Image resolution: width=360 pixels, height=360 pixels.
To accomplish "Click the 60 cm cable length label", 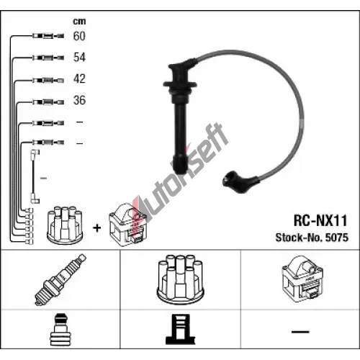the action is pos(79,36).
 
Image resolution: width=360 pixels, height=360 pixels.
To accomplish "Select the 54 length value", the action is pos(79,58).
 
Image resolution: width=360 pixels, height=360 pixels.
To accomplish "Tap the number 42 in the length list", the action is pos(79,78).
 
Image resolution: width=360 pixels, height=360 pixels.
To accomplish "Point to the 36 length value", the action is pos(79,100).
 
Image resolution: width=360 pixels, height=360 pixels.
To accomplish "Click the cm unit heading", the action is pos(79,22).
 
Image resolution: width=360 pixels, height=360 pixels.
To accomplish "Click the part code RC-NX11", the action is pos(320,220).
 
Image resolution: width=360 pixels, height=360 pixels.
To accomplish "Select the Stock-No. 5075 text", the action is pos(312,238).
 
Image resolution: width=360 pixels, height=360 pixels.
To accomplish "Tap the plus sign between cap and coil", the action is pos(96,228).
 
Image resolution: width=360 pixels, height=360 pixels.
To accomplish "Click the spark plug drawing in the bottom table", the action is pos(60,280).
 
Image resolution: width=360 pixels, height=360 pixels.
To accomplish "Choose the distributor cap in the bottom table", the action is pos(180,279).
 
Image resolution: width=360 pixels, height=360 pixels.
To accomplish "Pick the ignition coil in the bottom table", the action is pos(302,279).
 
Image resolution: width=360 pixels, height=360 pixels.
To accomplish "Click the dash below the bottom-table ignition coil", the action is pos(300,332).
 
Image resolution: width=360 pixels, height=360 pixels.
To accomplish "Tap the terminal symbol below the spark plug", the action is pos(60,329).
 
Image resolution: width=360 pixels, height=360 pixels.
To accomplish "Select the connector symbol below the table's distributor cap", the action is pos(180,329).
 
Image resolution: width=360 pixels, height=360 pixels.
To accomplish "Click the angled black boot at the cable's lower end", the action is pos(240,181).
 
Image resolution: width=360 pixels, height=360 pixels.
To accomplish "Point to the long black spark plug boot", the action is pos(181,115).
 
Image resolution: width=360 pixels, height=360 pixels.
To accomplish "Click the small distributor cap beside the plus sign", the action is pos(65,225).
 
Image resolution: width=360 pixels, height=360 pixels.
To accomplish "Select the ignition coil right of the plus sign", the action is pos(127,225).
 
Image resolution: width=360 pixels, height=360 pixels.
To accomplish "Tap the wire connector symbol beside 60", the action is pos(48,36).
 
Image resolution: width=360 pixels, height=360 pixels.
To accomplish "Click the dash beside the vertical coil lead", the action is pos(43,178).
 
